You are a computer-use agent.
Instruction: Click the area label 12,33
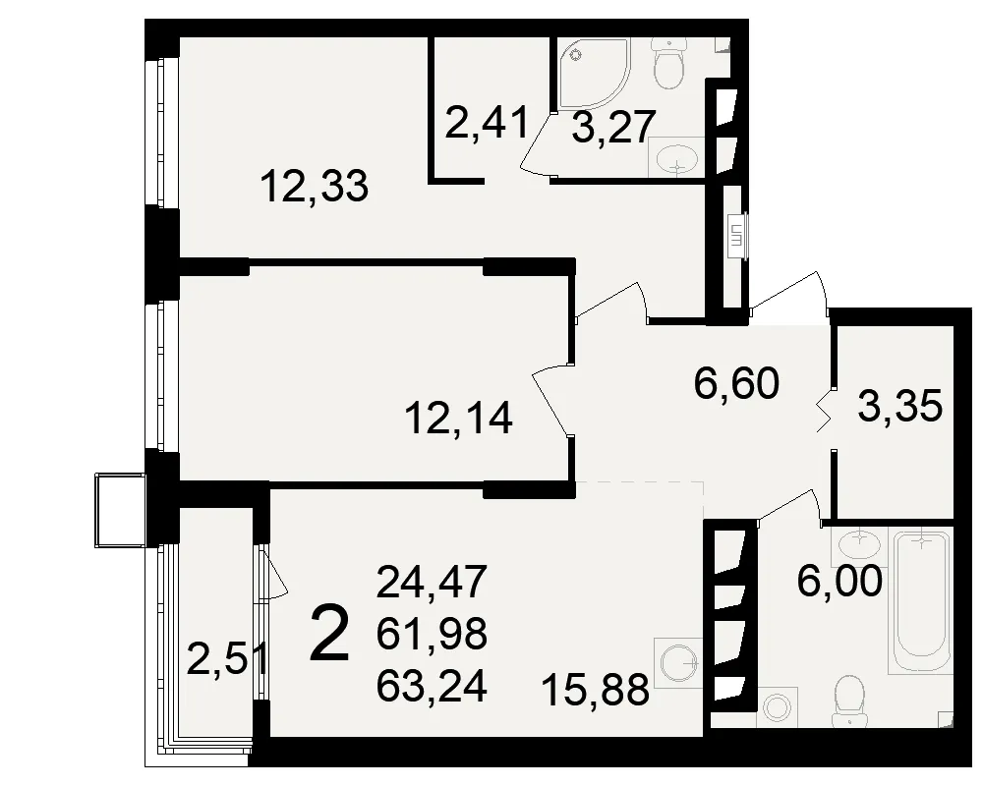[x=315, y=187]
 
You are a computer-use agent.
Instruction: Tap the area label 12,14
[x=459, y=419]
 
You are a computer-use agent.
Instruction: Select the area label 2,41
[x=488, y=124]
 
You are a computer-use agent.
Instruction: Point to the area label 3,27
[x=613, y=128]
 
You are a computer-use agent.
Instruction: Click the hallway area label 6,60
[x=736, y=383]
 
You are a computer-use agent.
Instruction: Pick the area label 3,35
[x=899, y=406]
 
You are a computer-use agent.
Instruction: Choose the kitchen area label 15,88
[x=595, y=690]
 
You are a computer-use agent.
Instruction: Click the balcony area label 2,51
[x=229, y=659]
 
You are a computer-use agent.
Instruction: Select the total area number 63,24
[x=432, y=687]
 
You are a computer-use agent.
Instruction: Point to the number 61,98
[x=432, y=634]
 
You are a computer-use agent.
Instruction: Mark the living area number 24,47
[x=432, y=581]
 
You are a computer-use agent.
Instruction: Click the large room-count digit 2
[x=329, y=633]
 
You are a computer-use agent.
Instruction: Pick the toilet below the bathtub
[x=849, y=701]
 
